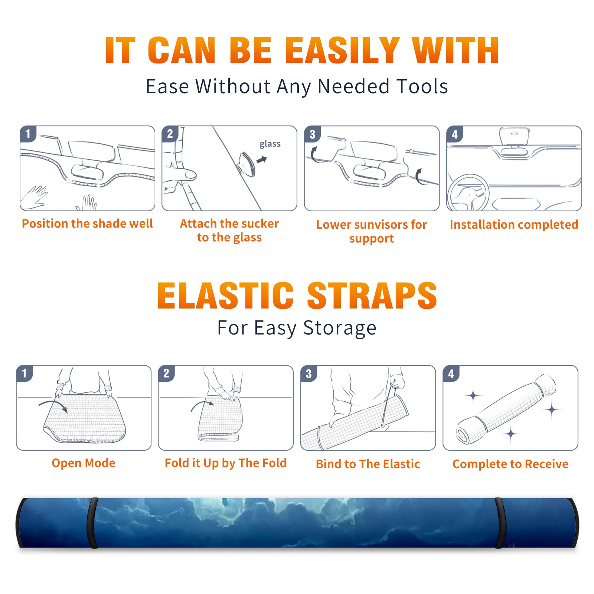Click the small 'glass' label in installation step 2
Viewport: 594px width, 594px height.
coord(270,144)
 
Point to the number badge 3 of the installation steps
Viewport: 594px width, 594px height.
coord(312,134)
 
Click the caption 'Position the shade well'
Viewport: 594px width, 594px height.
coord(87,223)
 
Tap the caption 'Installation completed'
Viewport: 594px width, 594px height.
coord(514,224)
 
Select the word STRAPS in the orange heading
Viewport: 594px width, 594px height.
coord(372,296)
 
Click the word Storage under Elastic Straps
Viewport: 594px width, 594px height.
coord(340,328)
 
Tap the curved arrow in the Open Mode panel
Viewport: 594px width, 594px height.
coord(53,405)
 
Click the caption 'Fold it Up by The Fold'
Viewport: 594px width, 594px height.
coord(226,463)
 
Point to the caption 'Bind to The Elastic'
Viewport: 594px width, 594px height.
coord(368,464)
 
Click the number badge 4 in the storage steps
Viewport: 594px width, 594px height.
coord(451,373)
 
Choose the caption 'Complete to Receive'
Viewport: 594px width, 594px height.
coord(510,464)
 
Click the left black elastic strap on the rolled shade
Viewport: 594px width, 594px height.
coord(92,523)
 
